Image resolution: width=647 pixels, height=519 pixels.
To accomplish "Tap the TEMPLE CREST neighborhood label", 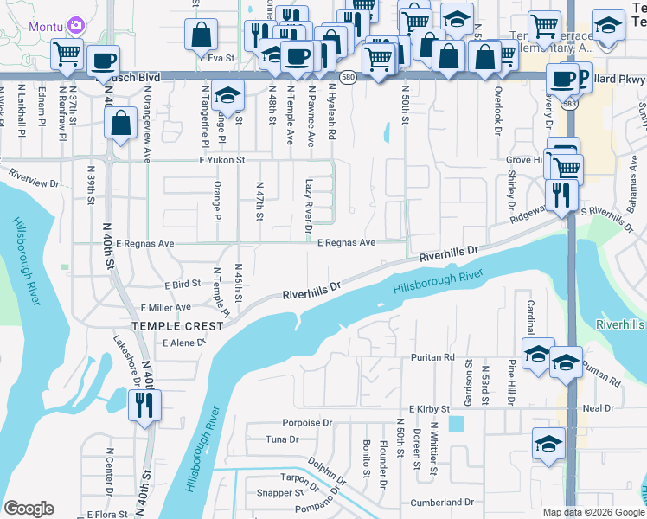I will pos(165,325).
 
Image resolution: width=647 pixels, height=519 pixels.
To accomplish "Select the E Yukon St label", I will pos(222,160).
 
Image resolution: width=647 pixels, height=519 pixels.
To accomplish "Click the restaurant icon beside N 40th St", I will pos(143,404).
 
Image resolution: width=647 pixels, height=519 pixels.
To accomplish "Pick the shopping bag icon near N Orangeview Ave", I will pos(121,124).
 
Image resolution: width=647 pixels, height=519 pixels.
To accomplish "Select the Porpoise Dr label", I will pos(307,423).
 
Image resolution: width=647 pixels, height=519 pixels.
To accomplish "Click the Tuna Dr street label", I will pos(282,439).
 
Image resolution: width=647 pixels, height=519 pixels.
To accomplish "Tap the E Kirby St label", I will pos(430,408).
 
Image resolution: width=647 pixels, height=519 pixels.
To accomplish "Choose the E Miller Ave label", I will pos(165,308).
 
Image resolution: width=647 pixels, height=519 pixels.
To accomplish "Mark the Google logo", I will pos(29,509).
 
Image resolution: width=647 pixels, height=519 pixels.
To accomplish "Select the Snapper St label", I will pos(268,493).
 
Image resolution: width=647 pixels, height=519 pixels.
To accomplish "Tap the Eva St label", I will pos(222,58).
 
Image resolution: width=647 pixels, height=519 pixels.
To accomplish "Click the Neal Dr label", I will pos(598,408).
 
